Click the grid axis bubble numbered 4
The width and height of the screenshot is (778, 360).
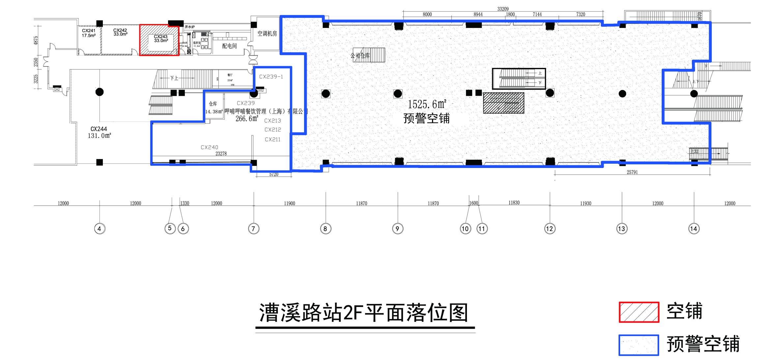(x=100, y=228)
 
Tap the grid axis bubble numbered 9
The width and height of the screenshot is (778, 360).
(x=397, y=228)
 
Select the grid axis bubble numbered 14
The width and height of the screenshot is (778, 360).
(x=694, y=228)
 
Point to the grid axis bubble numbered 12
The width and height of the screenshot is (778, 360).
(x=549, y=228)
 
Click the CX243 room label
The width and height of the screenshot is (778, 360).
(x=161, y=39)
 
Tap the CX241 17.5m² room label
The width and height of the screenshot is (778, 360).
(x=89, y=33)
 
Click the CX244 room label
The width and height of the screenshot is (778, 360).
(x=99, y=129)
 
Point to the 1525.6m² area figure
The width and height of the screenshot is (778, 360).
(x=427, y=104)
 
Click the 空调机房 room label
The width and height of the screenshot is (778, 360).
(x=267, y=33)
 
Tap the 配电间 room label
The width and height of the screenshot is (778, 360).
(x=229, y=46)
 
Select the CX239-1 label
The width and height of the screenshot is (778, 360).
(x=271, y=77)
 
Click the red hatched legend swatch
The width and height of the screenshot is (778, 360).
(x=639, y=312)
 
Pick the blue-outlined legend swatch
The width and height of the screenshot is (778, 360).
(x=639, y=345)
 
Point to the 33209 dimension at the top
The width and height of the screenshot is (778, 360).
(x=503, y=9)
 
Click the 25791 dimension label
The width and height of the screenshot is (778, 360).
(x=632, y=172)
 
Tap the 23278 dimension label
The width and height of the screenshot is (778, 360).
(x=221, y=153)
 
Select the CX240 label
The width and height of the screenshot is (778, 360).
(x=209, y=147)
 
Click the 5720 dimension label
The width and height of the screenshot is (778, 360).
(x=274, y=174)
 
